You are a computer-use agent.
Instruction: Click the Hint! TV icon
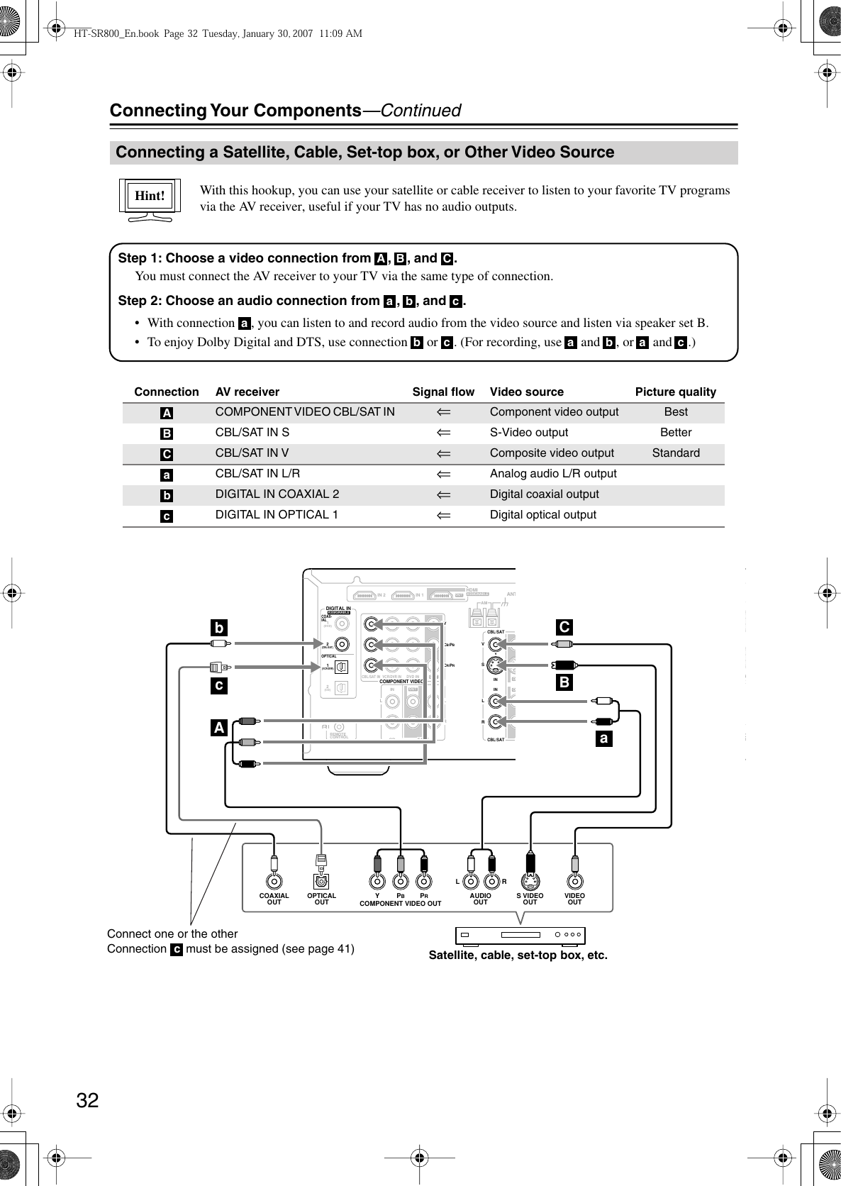click(x=150, y=199)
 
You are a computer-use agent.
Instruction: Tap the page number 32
click(x=88, y=1100)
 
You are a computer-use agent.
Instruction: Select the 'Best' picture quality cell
click(x=676, y=412)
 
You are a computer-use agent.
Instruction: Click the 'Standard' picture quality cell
click(x=676, y=453)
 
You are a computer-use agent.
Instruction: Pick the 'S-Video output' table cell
click(x=529, y=433)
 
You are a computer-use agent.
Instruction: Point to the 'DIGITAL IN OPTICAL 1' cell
click(x=277, y=515)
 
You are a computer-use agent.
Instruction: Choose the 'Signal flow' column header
click(x=443, y=392)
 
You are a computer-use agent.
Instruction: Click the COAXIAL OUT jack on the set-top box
click(x=274, y=882)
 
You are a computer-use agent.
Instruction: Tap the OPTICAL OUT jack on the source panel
click(x=322, y=882)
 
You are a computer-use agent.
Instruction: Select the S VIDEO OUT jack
click(x=530, y=882)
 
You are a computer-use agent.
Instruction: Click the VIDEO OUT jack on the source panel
click(x=574, y=882)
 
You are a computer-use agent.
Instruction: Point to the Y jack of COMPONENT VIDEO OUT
click(x=377, y=882)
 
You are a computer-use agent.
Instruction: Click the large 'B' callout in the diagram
click(x=564, y=683)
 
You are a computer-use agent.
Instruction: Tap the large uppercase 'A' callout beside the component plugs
click(x=219, y=728)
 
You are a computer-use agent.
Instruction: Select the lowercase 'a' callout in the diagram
click(x=603, y=739)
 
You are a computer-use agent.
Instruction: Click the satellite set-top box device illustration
click(x=520, y=936)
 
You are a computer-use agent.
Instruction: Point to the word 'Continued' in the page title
click(x=420, y=111)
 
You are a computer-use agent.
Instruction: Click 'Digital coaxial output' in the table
click(x=545, y=494)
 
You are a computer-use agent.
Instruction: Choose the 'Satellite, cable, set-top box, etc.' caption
click(x=518, y=955)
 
